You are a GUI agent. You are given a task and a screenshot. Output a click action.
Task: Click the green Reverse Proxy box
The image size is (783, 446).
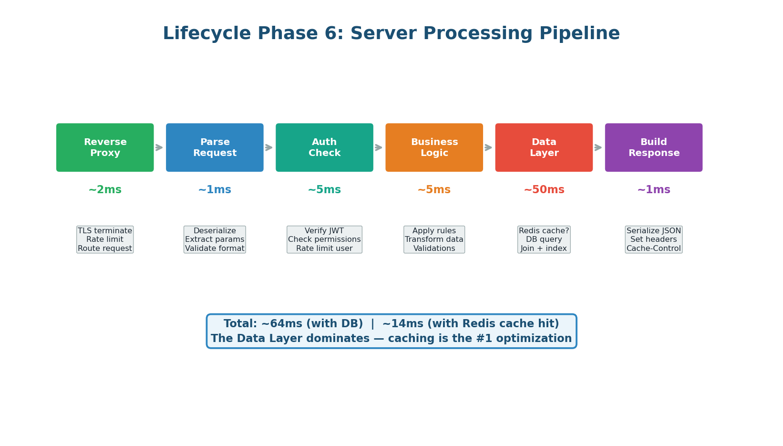coord(105,147)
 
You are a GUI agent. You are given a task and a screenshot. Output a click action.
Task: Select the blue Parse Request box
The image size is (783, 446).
coord(215,147)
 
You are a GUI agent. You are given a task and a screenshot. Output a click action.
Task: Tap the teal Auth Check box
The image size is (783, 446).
coord(324,147)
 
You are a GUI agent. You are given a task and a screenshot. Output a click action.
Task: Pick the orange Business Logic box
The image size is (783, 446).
coord(434,147)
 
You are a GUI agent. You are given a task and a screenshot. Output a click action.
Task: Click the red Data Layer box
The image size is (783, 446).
coord(544,147)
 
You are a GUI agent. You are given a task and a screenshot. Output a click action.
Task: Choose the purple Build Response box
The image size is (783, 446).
coord(653,147)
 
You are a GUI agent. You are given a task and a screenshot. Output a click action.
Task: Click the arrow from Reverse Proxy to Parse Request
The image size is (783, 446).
coord(159,147)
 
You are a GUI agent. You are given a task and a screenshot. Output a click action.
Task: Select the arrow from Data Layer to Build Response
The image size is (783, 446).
coord(598,147)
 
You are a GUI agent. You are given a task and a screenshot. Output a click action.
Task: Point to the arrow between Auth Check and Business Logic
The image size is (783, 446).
coord(379,147)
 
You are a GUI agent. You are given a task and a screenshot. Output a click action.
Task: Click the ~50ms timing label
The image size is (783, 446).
coord(544,190)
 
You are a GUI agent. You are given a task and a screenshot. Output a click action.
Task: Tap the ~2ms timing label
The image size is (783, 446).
coord(105,190)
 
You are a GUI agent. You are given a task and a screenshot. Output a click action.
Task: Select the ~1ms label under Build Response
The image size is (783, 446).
coord(653,190)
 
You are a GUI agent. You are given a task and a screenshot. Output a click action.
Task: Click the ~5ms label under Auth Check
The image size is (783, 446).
coord(324,190)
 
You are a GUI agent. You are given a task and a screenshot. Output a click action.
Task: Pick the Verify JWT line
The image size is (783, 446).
coord(324,231)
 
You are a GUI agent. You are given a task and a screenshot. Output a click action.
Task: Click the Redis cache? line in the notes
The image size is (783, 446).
coord(544,231)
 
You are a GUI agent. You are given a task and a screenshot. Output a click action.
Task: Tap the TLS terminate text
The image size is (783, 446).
coord(105,231)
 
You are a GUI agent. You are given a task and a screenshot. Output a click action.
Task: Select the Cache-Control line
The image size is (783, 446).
coord(653,249)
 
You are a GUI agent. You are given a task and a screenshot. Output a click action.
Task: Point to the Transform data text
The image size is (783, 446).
coord(434,239)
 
